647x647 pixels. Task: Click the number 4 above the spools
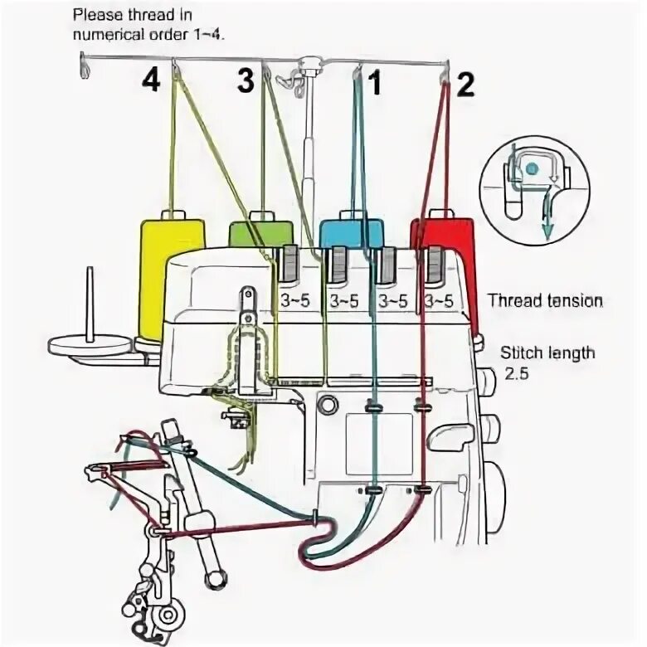pyautogui.click(x=150, y=81)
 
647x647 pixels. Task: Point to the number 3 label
pyautogui.click(x=245, y=81)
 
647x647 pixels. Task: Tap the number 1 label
pyautogui.click(x=374, y=83)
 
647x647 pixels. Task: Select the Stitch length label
pyautogui.click(x=547, y=353)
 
